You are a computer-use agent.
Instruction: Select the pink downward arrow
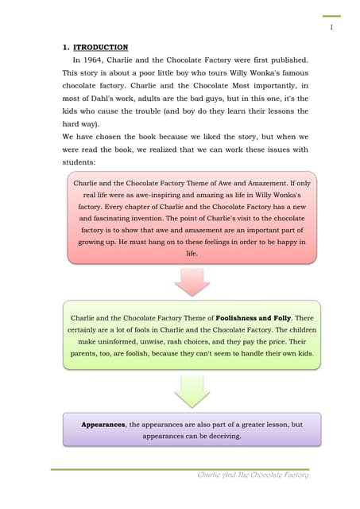[x=192, y=281]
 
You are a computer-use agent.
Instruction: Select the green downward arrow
[x=192, y=390]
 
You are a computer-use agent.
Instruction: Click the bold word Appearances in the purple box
[x=103, y=425]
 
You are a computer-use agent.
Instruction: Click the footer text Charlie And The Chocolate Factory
[x=254, y=475]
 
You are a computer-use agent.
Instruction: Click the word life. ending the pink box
[x=192, y=254]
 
